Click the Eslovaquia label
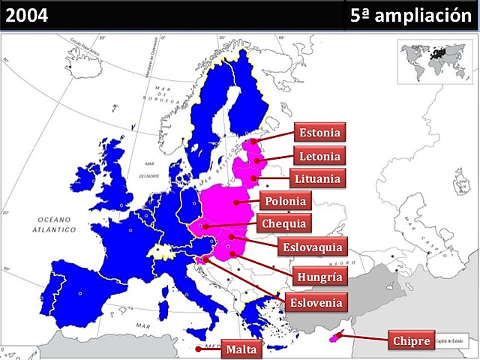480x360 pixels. point(313,246)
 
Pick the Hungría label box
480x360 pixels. point(319,277)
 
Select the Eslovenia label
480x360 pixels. point(316,303)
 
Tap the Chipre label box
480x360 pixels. point(411,341)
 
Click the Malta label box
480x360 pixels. point(241,349)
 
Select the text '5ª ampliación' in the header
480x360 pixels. point(413,15)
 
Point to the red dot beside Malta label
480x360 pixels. point(198,349)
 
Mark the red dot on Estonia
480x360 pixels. point(254,140)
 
